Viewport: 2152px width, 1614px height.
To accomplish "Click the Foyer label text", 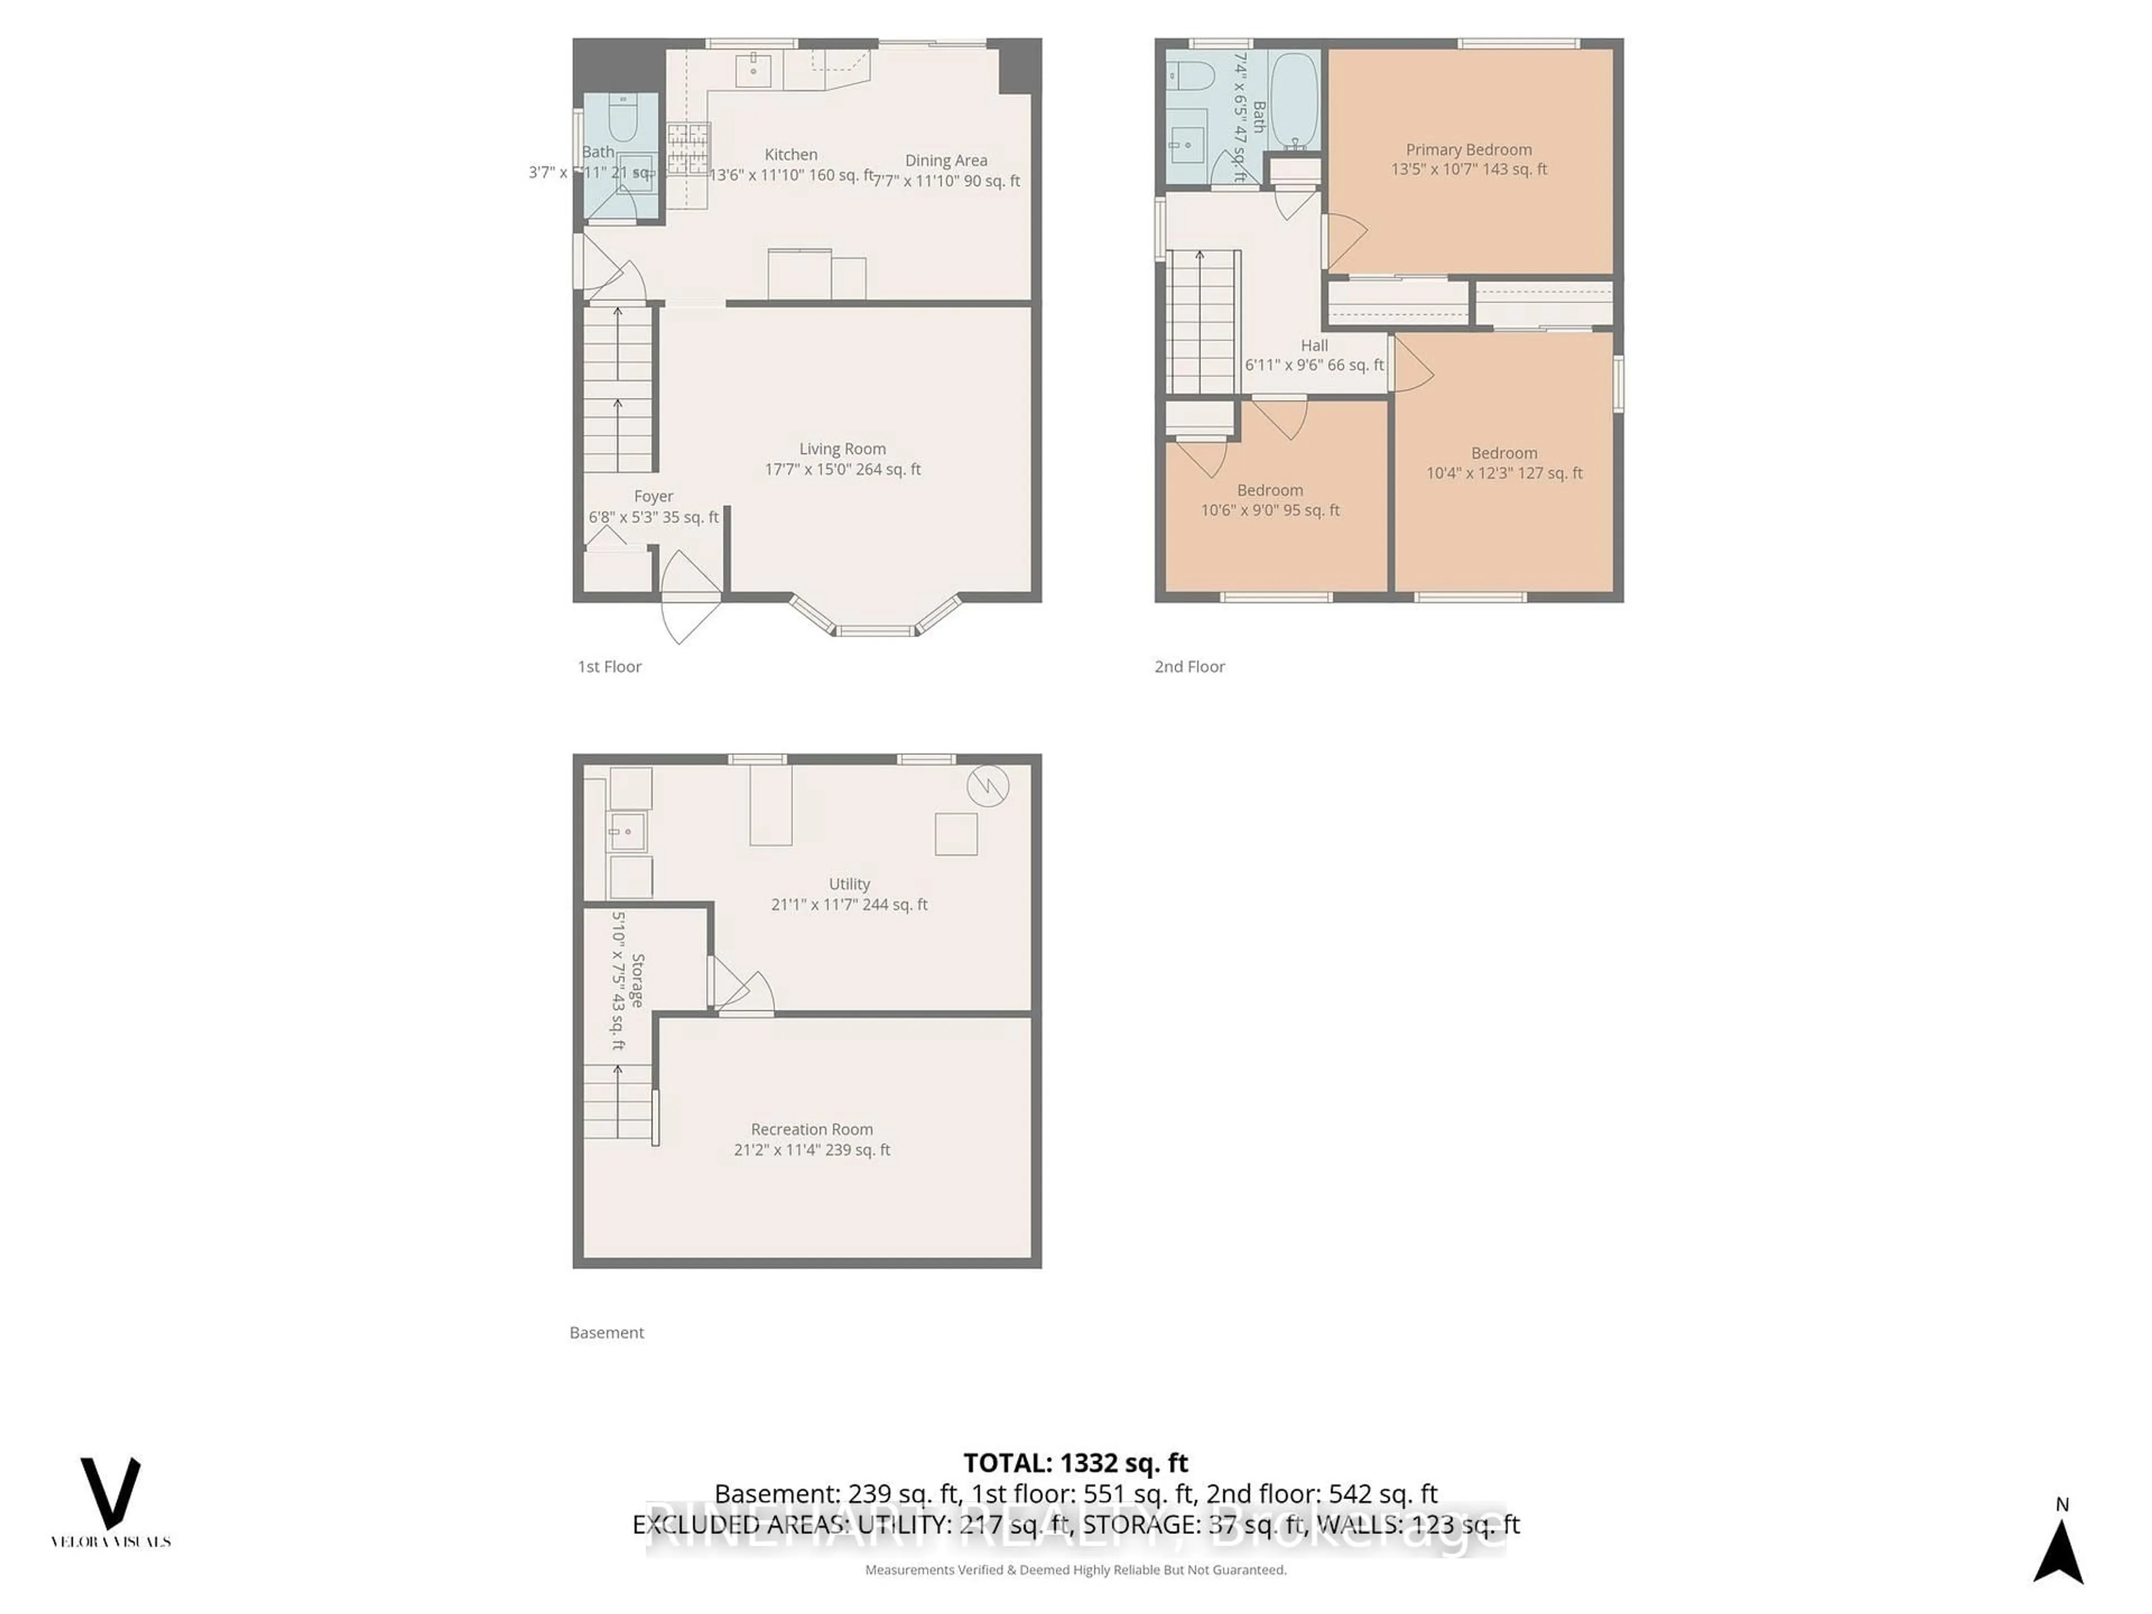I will [x=653, y=496].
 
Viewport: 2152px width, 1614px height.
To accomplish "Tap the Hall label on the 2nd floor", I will [x=1314, y=345].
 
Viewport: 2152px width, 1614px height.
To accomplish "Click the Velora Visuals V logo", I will [x=110, y=1494].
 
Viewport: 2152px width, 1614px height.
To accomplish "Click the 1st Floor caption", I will [x=609, y=666].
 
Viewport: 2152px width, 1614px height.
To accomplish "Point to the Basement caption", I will [x=606, y=1333].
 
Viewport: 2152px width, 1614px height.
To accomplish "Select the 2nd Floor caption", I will [x=1189, y=666].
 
